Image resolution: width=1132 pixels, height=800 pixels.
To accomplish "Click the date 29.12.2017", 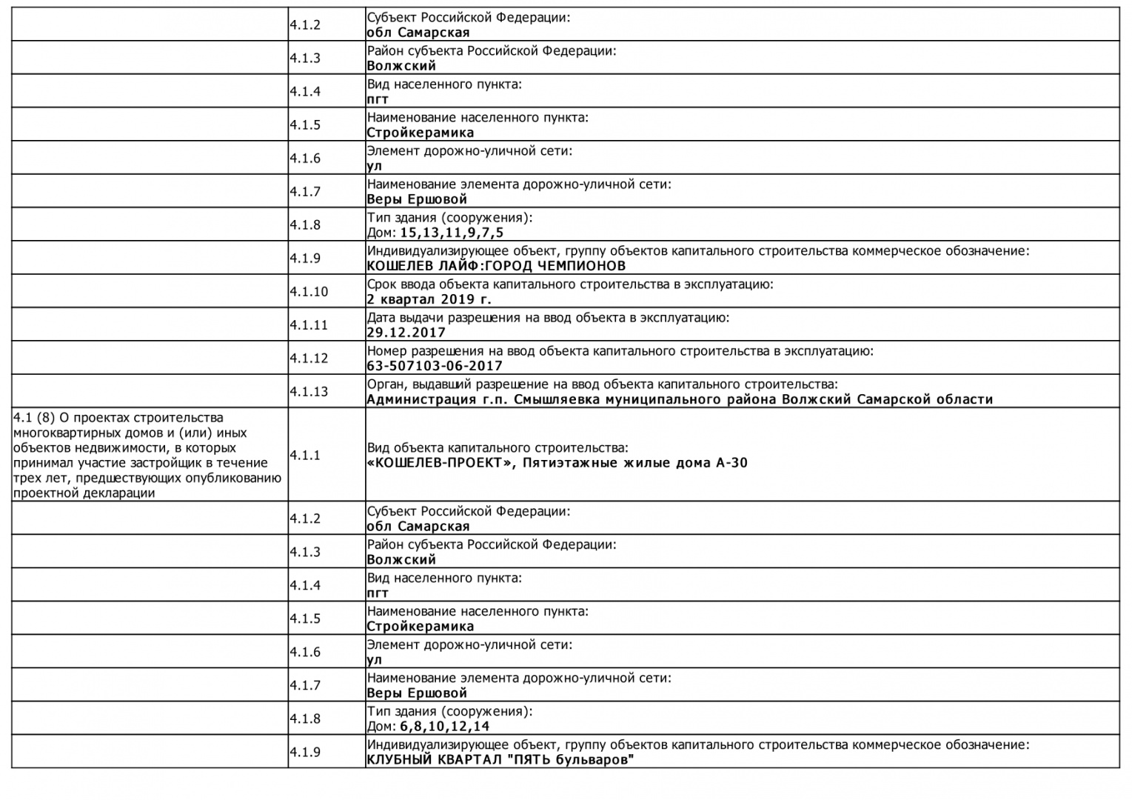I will click(x=406, y=333).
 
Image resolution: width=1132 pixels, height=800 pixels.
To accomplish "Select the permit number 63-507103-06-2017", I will click(x=435, y=366).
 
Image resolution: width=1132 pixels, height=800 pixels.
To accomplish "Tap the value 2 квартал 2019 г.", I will click(x=429, y=299).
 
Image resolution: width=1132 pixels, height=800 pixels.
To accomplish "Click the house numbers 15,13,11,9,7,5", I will click(x=452, y=233).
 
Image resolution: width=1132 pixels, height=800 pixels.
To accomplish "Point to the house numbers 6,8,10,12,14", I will click(x=445, y=727).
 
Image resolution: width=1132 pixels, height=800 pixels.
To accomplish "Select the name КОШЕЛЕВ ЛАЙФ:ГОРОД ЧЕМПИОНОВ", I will click(x=496, y=266).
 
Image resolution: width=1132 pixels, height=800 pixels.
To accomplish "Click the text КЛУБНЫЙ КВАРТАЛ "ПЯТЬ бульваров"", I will click(x=500, y=760).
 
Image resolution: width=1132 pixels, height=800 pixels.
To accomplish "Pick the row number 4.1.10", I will click(x=309, y=292).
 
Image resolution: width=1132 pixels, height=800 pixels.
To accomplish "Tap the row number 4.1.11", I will click(x=309, y=325).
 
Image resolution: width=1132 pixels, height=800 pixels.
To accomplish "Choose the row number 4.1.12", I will click(x=309, y=359).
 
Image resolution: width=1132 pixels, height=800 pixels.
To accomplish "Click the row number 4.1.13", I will click(x=309, y=392).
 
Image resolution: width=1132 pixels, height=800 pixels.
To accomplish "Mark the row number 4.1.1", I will click(x=305, y=455).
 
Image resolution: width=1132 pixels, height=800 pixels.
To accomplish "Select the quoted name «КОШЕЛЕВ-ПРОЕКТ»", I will click(x=434, y=464).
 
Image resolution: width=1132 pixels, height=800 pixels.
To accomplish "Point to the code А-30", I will click(x=731, y=464).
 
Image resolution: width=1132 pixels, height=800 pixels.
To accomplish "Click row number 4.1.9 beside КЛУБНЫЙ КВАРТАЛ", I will click(x=305, y=753).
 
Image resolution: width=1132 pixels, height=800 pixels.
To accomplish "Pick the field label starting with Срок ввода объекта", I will click(x=570, y=284).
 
